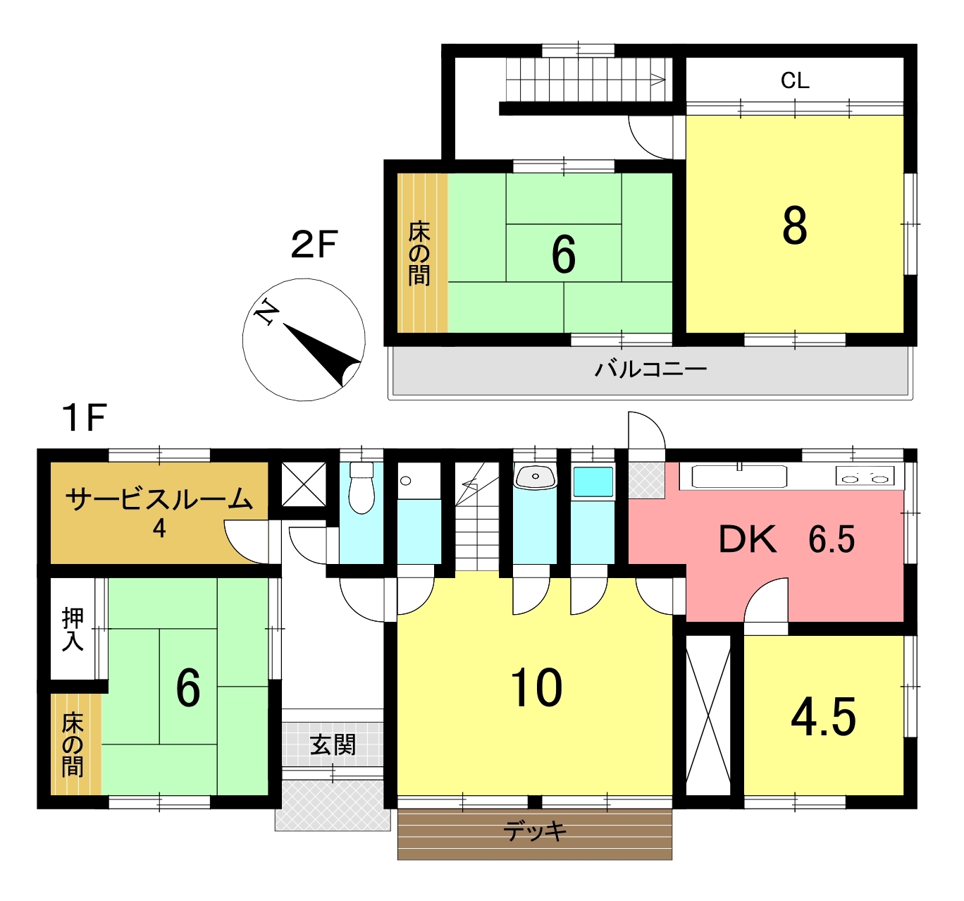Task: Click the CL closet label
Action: pos(795,80)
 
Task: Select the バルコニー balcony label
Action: pos(650,369)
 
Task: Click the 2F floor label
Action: pos(314,245)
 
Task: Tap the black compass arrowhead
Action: pos(322,355)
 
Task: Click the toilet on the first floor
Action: pos(361,487)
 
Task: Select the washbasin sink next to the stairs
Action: pos(535,477)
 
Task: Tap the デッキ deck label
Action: pos(535,831)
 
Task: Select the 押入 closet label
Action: pos(73,629)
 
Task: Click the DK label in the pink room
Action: pos(747,539)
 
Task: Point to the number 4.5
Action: pos(823,717)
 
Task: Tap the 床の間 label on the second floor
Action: pos(419,253)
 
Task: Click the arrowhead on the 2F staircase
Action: pos(658,80)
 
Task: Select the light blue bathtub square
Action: pos(593,482)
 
